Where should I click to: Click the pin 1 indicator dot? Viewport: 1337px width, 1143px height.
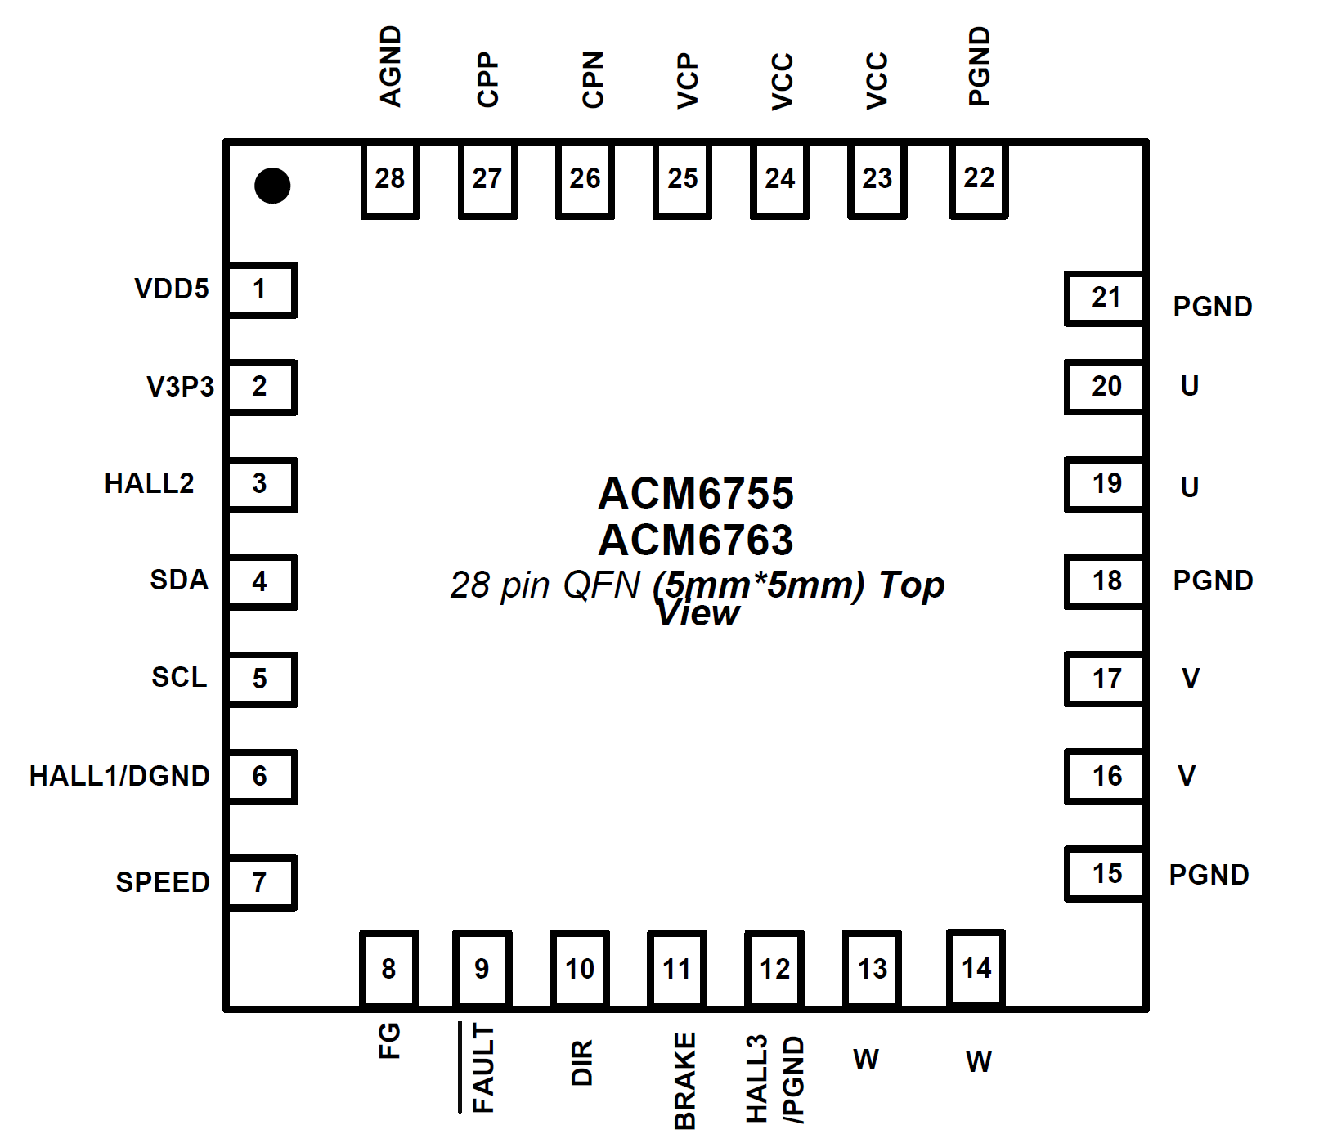pos(272,186)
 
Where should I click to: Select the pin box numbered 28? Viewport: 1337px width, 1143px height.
pos(390,180)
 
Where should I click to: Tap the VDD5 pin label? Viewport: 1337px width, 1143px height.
pos(172,289)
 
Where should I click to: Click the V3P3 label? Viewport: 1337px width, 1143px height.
pos(180,386)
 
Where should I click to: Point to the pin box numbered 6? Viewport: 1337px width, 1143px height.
pos(261,776)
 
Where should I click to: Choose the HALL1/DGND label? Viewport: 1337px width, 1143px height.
pos(119,776)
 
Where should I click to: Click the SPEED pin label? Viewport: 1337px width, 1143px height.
pos(163,882)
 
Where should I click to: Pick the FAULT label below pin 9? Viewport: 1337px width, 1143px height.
pos(483,1068)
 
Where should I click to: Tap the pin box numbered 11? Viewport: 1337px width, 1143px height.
pos(677,969)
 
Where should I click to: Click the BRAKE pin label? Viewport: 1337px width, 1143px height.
pos(684,1081)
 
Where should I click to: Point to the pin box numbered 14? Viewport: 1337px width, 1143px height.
pos(976,968)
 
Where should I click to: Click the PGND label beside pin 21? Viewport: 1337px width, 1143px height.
pos(1213,307)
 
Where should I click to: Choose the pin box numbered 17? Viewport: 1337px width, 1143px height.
pos(1106,679)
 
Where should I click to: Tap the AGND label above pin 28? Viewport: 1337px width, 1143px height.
pos(391,66)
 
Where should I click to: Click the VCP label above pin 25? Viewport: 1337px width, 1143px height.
pos(688,81)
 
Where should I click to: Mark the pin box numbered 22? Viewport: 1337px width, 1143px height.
pos(979,180)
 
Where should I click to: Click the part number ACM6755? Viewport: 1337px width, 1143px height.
pos(696,493)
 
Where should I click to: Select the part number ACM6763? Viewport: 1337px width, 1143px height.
pos(696,540)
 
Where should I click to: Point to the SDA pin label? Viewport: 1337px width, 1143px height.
pos(179,580)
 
